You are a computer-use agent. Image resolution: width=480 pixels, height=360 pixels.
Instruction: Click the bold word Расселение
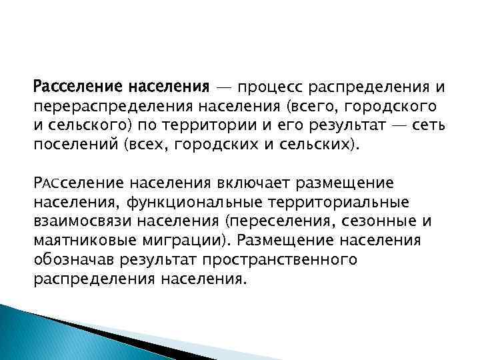[x=79, y=88]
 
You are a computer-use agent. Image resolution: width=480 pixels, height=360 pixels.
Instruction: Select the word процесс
[x=264, y=88]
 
